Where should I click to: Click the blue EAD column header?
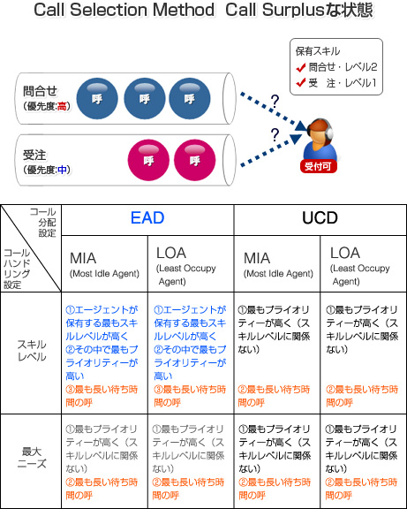(147, 217)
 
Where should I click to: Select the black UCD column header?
(320, 217)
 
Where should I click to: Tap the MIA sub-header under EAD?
(83, 258)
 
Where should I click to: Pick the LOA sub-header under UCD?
(345, 253)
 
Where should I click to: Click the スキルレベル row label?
(32, 351)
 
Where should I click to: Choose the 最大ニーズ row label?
(32, 457)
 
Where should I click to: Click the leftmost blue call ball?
(97, 98)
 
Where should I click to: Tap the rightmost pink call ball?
(194, 160)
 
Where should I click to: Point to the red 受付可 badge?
(318, 166)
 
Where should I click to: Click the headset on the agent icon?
(328, 130)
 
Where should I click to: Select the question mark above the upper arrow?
(275, 102)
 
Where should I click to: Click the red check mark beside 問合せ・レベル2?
(301, 67)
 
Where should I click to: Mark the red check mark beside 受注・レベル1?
(301, 83)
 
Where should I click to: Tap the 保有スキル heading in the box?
(318, 51)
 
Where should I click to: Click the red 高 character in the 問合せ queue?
(62, 106)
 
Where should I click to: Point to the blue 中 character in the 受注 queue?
(62, 169)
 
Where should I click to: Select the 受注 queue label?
(34, 156)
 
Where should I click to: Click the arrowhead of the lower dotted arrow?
(296, 138)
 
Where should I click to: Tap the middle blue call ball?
(145, 98)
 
